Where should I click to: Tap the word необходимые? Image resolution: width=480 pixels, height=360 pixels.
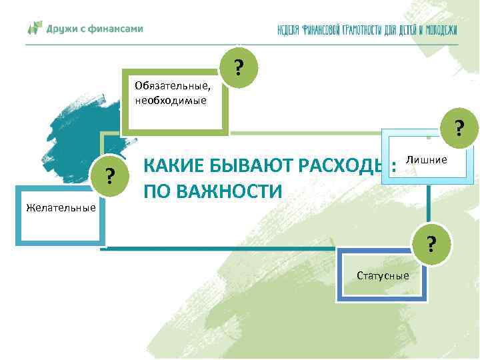click(x=171, y=101)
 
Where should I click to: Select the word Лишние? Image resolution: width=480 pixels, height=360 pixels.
click(x=427, y=160)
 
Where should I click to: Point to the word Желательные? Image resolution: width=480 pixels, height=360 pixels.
click(x=61, y=208)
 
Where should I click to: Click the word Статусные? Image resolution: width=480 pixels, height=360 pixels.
click(x=383, y=275)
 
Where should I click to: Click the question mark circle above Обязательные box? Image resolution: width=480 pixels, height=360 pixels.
click(x=238, y=67)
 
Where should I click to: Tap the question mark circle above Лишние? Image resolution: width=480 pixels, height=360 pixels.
click(x=459, y=127)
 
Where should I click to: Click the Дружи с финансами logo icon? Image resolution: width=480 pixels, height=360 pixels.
click(x=34, y=29)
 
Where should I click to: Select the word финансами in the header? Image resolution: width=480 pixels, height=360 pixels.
click(x=117, y=29)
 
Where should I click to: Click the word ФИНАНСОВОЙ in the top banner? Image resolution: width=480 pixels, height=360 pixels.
click(x=326, y=30)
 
